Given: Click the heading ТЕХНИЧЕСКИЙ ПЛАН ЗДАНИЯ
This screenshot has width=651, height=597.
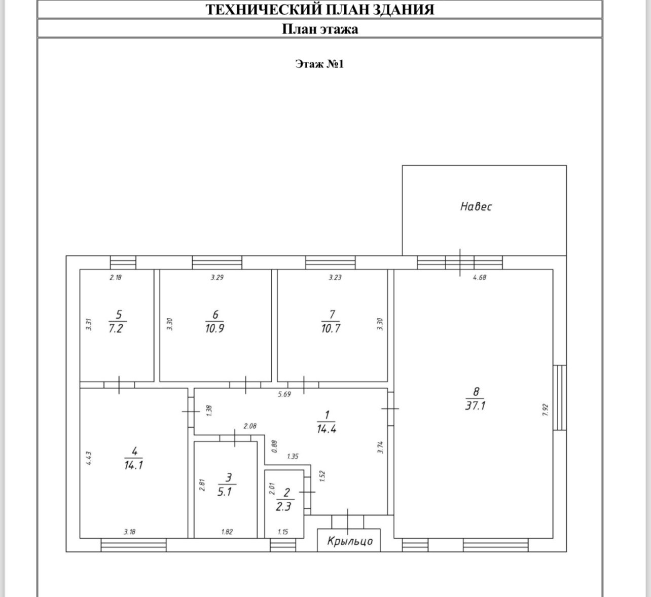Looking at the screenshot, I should [320, 10].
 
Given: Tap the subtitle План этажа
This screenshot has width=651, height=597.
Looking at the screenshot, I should [320, 29].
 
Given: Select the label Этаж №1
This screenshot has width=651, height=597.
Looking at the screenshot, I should [319, 64].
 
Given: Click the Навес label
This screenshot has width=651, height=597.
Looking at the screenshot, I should [476, 206].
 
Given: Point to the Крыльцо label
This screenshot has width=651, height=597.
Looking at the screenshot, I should [350, 541].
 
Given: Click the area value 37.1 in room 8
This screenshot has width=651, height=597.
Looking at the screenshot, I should [476, 406].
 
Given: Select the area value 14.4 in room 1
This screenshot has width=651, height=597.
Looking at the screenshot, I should [327, 429].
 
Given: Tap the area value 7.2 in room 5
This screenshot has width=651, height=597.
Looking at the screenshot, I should [116, 328].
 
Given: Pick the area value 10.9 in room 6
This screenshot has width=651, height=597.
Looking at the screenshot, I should [214, 328].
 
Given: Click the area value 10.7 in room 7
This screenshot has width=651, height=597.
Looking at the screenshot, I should [331, 328].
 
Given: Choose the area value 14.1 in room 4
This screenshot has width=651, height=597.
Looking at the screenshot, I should [133, 465].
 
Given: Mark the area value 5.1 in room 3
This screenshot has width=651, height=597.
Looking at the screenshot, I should [225, 492].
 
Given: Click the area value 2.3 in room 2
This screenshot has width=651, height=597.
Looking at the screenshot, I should [283, 506].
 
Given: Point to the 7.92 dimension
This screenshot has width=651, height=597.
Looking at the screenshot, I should [545, 410].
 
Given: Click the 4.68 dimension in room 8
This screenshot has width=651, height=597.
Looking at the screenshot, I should [479, 278].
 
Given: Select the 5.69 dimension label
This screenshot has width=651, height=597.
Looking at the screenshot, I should [284, 394].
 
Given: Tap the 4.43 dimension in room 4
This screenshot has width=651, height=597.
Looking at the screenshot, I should [89, 459].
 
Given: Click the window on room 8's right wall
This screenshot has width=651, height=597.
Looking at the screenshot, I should [559, 397].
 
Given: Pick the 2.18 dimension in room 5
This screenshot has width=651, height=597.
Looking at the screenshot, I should [116, 278].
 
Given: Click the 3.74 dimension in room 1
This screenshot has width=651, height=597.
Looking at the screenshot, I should [380, 447].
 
